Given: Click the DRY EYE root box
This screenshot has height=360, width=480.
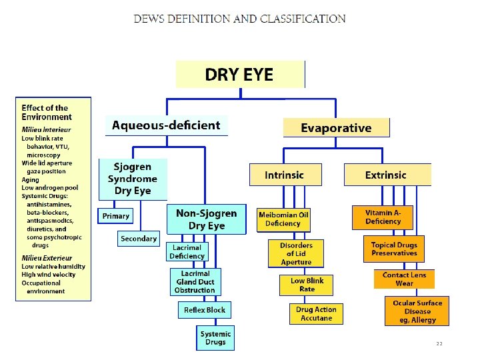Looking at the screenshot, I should pos(239,74).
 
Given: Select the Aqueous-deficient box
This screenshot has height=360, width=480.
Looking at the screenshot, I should pos(166,125).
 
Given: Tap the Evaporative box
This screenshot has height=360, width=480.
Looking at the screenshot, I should pos(336,127).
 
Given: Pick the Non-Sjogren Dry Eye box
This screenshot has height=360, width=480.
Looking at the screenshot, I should pos(206,219).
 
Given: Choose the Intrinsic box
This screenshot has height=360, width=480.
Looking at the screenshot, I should pos(284,175).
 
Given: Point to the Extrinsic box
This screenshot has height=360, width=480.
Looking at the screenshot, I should pos(386,175).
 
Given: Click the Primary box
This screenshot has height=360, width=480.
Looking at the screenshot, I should pos(116,216).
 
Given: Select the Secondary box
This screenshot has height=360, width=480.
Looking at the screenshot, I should pos(139,238).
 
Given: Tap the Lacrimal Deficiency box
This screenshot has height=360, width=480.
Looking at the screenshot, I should pos(187,251).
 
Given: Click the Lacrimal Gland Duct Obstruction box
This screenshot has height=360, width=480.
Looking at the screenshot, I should pos(196,282).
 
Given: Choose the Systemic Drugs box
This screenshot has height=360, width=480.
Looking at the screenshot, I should pos(215,338).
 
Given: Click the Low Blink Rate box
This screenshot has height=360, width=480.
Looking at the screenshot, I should pos(307,285).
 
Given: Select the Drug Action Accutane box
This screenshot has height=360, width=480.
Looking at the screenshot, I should pos(316,313).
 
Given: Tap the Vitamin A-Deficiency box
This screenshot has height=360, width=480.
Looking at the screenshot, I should pos(383,217).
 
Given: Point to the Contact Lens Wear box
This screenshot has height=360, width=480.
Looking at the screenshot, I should pos(404,279).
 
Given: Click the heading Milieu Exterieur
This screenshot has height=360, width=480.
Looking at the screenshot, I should pos(47,258).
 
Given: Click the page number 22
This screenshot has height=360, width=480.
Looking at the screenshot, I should pos(439,343).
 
